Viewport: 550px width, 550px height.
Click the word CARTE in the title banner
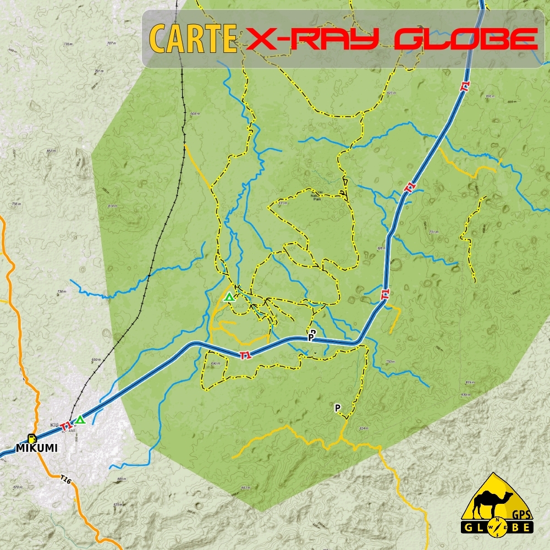click(193, 38)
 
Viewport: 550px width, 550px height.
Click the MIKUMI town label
click(36, 448)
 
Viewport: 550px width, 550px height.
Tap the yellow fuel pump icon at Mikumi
click(31, 438)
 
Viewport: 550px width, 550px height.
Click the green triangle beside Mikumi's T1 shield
click(81, 420)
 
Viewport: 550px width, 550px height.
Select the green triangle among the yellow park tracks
click(229, 298)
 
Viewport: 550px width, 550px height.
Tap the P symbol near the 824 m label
click(338, 408)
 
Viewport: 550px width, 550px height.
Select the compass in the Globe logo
click(498, 527)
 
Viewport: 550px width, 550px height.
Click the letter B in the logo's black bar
click(514, 527)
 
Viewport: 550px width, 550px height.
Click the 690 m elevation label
click(215, 364)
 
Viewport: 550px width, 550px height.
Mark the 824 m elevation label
click(362, 428)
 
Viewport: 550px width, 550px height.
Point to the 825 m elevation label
click(117, 504)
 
